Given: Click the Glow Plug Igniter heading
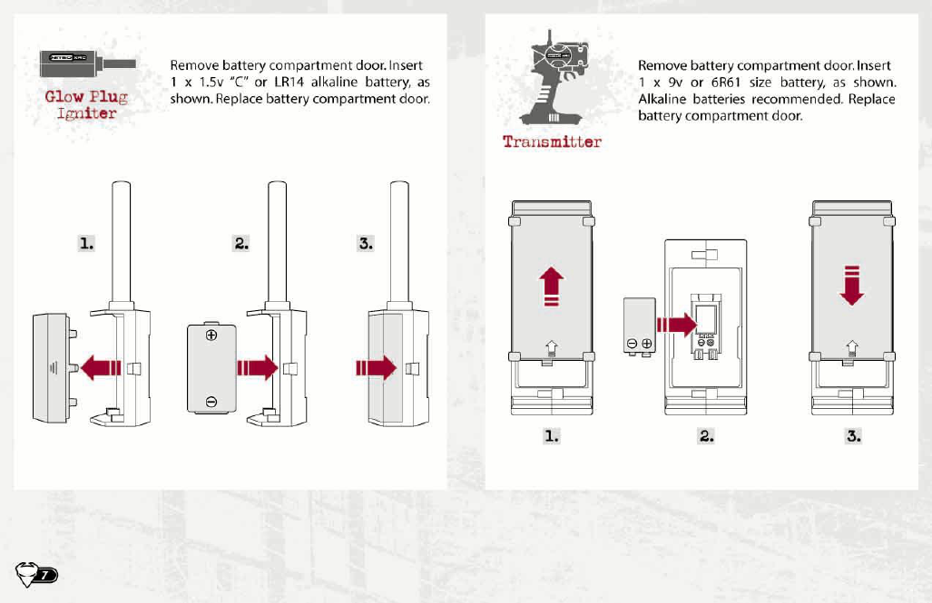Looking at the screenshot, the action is click(86, 104).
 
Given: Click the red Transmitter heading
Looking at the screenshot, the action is click(552, 141).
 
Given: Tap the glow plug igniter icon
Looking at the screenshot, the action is click(87, 65).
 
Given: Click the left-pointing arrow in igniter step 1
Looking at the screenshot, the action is click(101, 367).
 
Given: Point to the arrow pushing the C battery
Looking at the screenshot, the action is click(256, 367).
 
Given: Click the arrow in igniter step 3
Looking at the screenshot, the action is click(376, 367).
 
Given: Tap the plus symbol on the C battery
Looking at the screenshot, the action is click(211, 336).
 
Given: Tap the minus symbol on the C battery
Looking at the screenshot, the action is click(211, 402).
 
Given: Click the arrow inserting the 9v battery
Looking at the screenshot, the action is click(673, 324).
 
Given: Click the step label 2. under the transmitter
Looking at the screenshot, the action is click(705, 436).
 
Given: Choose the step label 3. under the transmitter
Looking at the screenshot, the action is click(853, 436).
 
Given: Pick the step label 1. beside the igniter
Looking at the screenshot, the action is click(85, 243).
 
